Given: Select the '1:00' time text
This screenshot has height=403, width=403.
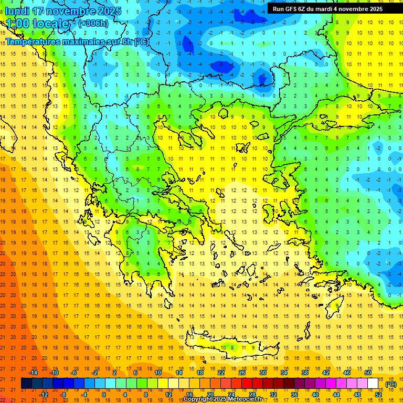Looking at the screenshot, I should [17, 24].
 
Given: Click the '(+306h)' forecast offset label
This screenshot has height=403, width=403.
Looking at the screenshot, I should [93, 24].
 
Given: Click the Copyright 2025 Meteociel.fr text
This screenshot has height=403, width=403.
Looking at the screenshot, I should [222, 399].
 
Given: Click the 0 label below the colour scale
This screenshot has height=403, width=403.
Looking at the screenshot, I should [104, 395].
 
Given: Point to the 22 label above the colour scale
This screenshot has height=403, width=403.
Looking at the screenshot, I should [221, 373].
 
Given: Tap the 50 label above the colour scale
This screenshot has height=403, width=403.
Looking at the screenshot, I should [368, 373].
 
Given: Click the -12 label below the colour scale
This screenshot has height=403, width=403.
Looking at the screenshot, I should [44, 395].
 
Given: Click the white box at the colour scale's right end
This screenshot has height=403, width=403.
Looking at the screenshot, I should [373, 384].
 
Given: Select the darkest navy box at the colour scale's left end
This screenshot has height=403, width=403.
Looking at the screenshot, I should [26, 384].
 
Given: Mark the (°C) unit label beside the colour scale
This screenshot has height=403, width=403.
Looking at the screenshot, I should [391, 384].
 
